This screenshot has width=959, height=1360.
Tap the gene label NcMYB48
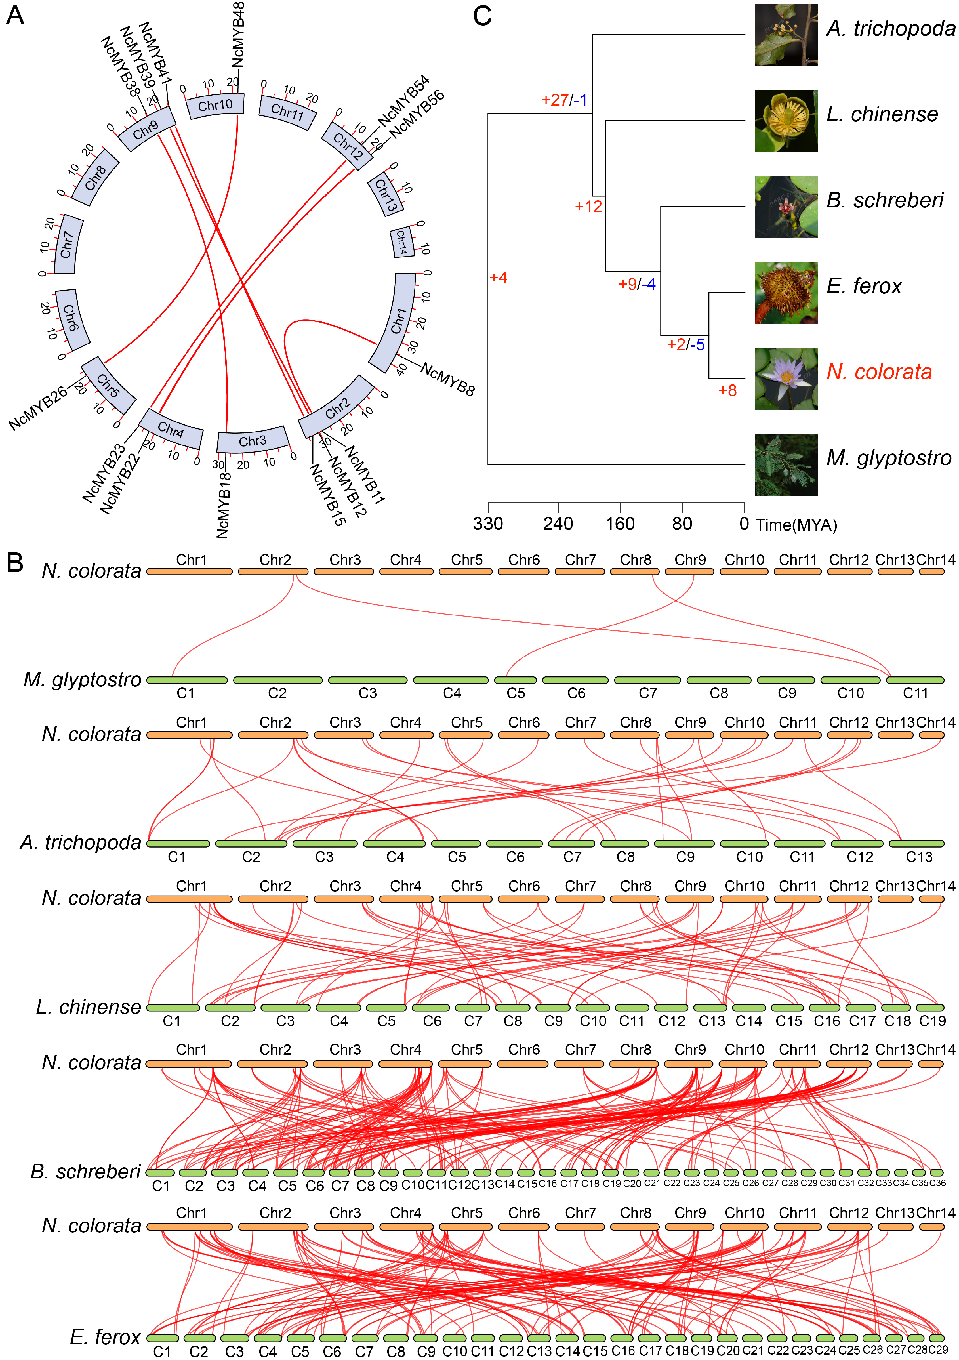(238, 34)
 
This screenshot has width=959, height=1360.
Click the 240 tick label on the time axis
(558, 524)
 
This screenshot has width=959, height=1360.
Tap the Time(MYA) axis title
(796, 525)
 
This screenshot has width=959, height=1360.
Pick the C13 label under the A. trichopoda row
(919, 857)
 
